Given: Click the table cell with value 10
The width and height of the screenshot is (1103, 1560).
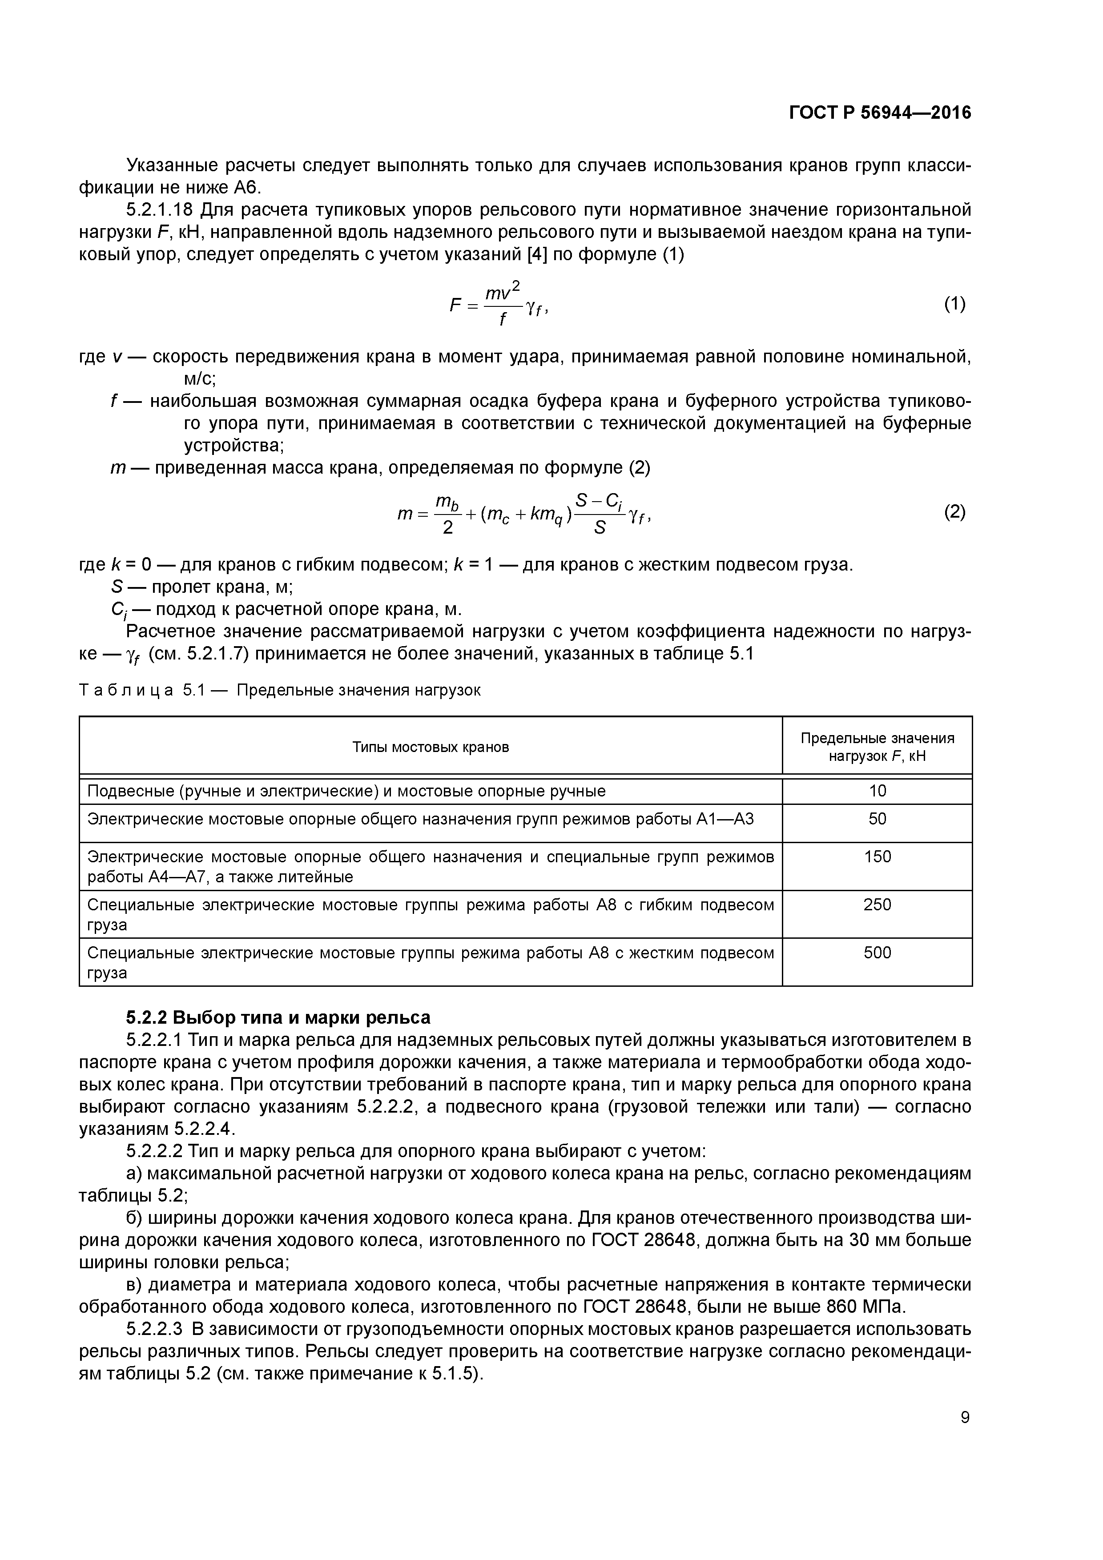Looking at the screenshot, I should point(878,791).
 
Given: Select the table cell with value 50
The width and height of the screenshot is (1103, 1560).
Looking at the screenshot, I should point(878,819).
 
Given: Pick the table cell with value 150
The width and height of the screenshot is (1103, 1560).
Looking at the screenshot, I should point(878,857).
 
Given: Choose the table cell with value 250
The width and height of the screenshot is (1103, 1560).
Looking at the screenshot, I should point(878,905).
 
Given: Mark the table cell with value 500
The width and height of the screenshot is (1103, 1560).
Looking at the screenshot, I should point(878,953).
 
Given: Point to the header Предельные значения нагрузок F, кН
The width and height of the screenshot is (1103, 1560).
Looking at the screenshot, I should point(878,747).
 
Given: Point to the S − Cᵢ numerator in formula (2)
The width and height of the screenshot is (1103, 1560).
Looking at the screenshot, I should point(598,502).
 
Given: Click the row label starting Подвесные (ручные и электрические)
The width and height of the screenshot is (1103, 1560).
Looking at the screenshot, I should point(346,791).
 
